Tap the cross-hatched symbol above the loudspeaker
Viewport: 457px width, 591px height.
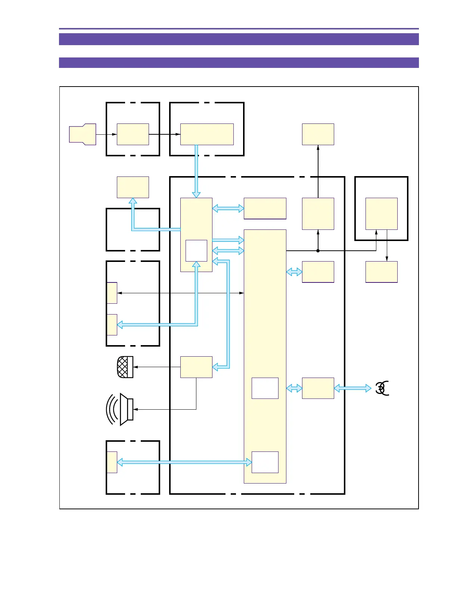[x=125, y=367]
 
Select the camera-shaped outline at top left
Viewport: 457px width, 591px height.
[x=83, y=134]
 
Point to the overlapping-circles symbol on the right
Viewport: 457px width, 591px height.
[x=382, y=388]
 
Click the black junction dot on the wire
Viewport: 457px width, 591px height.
[x=318, y=251]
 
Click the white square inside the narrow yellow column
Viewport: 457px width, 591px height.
[x=196, y=251]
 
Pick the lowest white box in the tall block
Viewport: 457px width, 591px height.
[x=265, y=462]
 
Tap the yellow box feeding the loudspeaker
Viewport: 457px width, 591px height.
[x=196, y=367]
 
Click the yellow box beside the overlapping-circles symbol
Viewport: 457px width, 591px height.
[x=318, y=388]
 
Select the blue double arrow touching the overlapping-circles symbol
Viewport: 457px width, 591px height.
[x=352, y=388]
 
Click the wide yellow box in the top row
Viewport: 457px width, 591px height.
[x=207, y=134]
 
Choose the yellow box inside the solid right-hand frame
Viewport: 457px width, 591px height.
[x=381, y=213]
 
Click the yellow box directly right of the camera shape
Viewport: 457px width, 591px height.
[x=133, y=134]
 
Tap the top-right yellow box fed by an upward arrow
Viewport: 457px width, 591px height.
[x=318, y=134]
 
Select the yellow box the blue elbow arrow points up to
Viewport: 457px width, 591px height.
[x=133, y=187]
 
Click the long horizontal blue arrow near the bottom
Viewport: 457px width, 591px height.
[x=184, y=462]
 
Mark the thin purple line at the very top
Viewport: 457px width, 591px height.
[x=239, y=29]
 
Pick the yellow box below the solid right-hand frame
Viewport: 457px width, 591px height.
[x=381, y=272]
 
